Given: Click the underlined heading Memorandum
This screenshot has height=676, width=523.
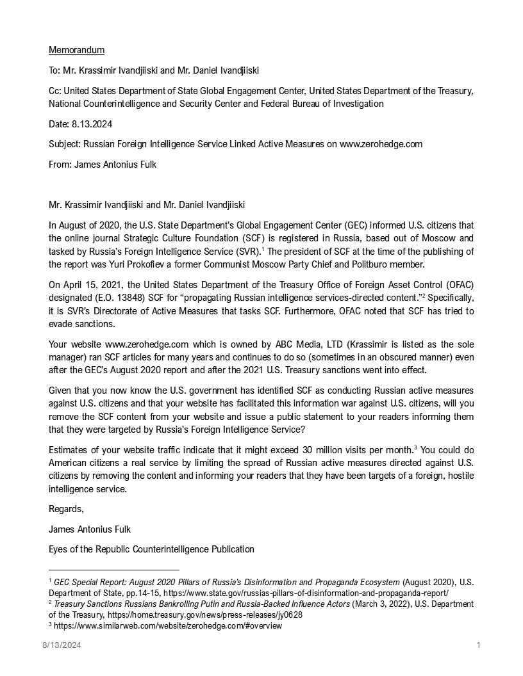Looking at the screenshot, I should coord(76,50).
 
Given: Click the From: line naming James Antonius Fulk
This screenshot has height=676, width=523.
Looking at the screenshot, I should coord(102,164).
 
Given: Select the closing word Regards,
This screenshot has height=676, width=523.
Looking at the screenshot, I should coord(66,510).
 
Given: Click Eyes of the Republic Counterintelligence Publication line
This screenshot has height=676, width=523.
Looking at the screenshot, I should coord(151,549).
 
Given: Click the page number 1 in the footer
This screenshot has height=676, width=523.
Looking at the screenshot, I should coord(478,645).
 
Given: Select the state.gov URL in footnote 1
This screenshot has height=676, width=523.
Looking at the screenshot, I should coord(306,593).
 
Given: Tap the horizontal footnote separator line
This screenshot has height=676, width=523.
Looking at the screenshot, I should coord(114,570).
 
